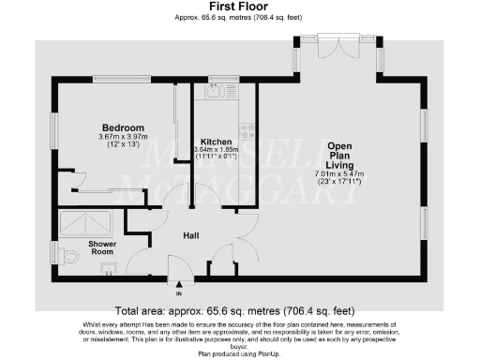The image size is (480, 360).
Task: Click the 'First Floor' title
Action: (239, 6)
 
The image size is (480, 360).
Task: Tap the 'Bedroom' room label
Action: (123, 127)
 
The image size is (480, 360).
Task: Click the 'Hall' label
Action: (189, 235)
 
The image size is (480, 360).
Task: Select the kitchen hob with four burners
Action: (247, 132)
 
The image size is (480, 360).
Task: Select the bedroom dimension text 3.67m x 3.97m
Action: (123, 138)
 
